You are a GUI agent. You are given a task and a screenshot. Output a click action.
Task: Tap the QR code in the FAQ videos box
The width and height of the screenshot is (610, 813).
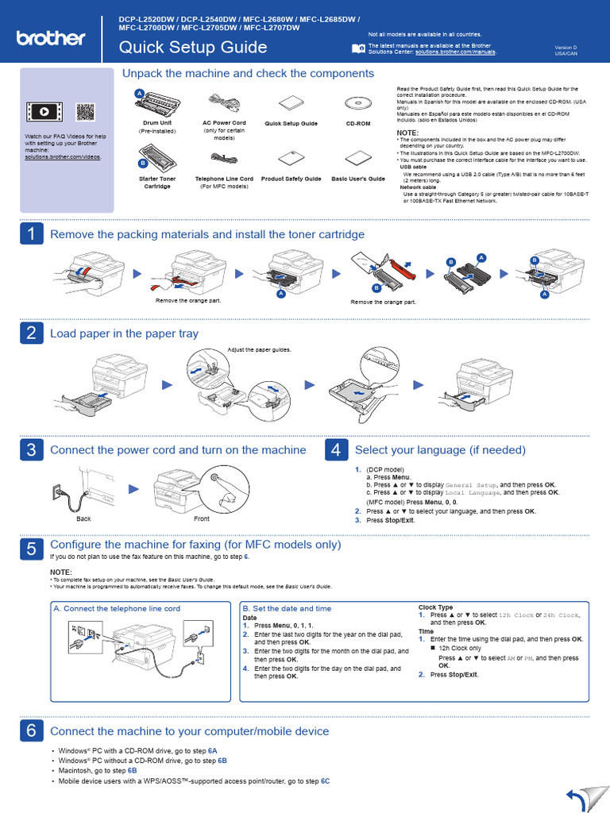86,112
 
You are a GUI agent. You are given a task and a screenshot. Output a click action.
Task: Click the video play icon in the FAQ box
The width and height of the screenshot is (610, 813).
42,112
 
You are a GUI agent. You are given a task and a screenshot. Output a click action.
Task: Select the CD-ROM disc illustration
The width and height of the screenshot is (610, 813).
357,102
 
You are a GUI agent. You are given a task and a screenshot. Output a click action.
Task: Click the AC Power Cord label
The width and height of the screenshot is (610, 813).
224,123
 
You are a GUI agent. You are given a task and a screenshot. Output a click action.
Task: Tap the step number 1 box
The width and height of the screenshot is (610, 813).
31,233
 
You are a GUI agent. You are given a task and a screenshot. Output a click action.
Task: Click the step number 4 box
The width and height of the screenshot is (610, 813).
336,449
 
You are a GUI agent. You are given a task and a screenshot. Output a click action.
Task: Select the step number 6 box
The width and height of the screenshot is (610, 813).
31,730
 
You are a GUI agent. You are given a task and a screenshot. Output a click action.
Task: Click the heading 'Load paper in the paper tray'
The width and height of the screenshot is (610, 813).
124,333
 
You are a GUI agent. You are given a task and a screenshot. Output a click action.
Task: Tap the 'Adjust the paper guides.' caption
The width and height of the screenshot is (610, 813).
259,349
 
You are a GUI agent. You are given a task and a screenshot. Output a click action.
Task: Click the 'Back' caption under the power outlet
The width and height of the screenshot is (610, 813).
83,518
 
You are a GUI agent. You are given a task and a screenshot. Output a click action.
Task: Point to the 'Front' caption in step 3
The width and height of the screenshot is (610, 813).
202,518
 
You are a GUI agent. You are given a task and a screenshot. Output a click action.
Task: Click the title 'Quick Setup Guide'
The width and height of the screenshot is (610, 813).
192,48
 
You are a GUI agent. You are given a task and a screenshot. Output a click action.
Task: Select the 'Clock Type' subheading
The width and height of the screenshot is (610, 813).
435,607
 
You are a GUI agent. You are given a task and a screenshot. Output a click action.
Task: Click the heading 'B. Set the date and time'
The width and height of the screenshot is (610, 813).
287,608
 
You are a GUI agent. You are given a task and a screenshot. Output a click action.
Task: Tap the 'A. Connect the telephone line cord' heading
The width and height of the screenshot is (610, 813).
117,608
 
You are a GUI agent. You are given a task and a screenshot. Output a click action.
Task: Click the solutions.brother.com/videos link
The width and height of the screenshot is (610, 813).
63,157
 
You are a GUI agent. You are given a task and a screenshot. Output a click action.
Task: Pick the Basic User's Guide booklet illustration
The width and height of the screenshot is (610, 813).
358,158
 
